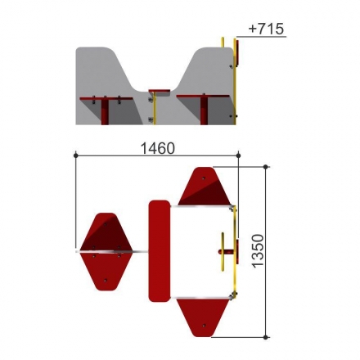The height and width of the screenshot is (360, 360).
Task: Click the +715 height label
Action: click(266, 29)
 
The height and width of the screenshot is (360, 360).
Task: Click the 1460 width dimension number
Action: click(157, 149)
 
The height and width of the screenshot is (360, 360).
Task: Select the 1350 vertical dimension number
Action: click(258, 251)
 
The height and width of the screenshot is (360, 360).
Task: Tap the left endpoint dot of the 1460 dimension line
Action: click(76, 155)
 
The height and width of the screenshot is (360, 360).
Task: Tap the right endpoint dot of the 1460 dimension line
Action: click(238, 155)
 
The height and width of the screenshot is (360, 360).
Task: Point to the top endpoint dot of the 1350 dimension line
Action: click(266, 167)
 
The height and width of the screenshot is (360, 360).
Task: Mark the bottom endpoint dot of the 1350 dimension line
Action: click(266, 337)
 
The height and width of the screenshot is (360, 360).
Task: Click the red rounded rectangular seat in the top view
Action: click(160, 251)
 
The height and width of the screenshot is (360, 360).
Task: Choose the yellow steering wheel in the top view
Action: click(223, 251)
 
